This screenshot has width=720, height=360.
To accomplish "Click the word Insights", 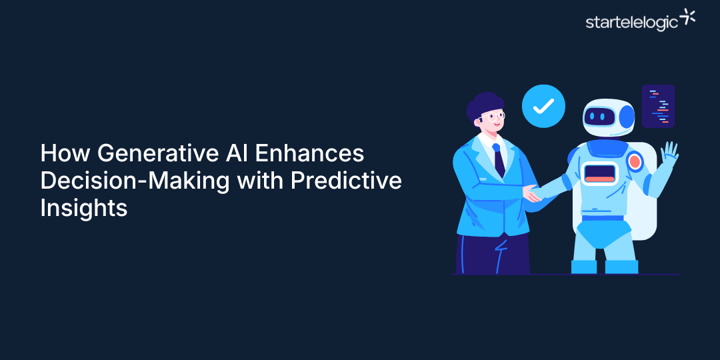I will point(83,207).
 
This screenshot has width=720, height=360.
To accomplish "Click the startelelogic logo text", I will point(631,22).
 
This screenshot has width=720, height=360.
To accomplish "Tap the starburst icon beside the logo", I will point(687,18).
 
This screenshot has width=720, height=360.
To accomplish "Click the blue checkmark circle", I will point(543,105).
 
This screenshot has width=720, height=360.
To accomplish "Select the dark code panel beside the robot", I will point(658,106).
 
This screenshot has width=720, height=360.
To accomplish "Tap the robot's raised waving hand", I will point(669,155).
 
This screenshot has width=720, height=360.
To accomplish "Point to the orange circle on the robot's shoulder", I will point(635,161).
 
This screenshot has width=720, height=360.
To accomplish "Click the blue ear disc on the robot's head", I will point(627,117).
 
